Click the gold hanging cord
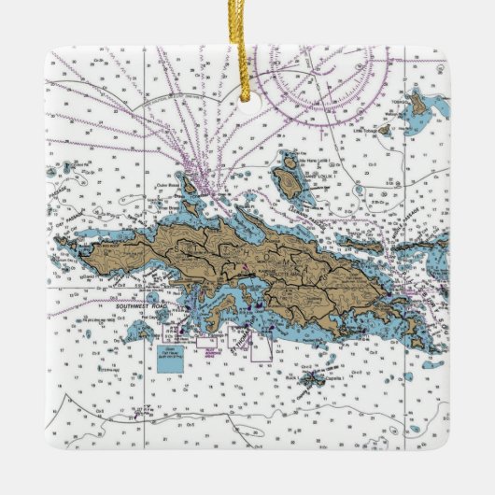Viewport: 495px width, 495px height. click(x=247, y=37)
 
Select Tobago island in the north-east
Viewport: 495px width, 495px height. click(x=421, y=106)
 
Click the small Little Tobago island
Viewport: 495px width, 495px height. click(x=384, y=131)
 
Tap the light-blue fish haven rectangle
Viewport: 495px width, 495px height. click(x=171, y=359)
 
